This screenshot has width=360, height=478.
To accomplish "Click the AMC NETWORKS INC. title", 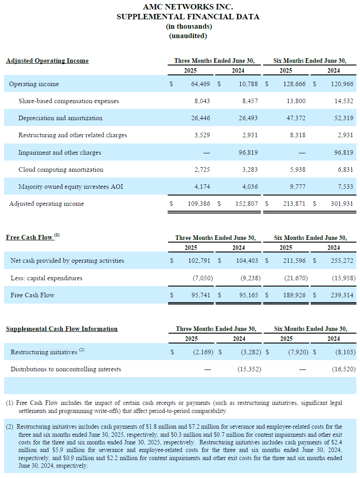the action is [188, 7].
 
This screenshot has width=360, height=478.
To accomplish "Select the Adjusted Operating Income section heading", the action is [47, 61].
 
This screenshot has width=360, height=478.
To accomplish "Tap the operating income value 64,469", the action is [200, 84].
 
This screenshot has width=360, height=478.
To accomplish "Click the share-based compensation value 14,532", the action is [344, 101].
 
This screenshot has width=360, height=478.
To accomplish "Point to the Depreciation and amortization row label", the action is [61, 118].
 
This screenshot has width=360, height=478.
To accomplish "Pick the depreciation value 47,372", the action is [296, 118].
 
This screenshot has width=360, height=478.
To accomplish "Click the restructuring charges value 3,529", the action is [202, 135].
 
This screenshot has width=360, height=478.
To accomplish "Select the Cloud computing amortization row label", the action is [61, 169].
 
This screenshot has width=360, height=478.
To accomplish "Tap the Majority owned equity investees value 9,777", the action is [298, 187].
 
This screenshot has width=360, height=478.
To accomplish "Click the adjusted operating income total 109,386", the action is [199, 204].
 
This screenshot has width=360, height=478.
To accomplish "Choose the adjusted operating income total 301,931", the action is [342, 204].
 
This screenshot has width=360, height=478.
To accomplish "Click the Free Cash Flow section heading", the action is [29, 237].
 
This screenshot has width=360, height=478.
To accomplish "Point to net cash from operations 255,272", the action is [342, 261].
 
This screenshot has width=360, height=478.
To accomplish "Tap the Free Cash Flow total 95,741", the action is [200, 295].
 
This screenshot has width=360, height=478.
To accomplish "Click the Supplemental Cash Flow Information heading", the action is [61, 329].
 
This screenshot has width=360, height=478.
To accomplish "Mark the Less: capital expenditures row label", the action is [46, 278].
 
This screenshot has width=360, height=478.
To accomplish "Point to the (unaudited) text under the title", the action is [188, 36].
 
